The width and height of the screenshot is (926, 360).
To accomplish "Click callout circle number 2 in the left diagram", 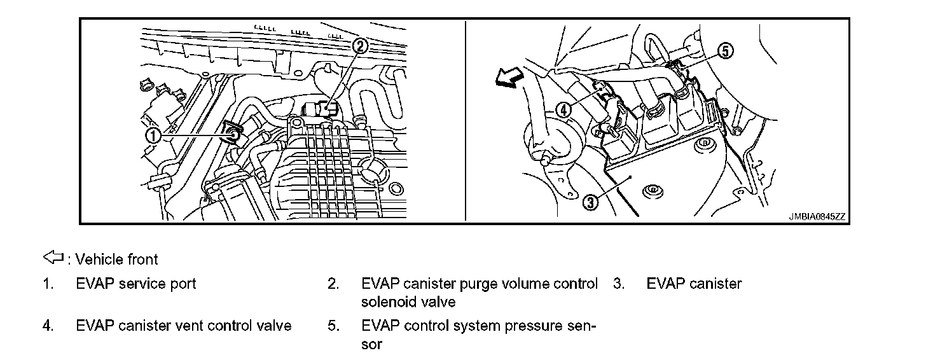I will pos(359,45).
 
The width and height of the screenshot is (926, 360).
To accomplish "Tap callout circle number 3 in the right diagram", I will pos(590,202).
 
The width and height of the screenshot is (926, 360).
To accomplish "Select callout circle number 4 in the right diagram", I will pos(563,110).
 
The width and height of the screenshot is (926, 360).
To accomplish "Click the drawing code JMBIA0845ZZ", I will pos(817,216).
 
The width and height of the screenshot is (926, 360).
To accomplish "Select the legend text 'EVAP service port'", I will pos(135,284).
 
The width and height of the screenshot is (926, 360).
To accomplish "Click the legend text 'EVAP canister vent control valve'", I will pos(183,326).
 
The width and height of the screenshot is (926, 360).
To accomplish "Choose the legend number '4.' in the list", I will pos(48,326).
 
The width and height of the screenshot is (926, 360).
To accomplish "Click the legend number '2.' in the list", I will pos(334,284).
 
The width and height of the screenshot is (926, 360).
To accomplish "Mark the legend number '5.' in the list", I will pos(334,326).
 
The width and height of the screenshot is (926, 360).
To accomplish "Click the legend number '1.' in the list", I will pos(48,284).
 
